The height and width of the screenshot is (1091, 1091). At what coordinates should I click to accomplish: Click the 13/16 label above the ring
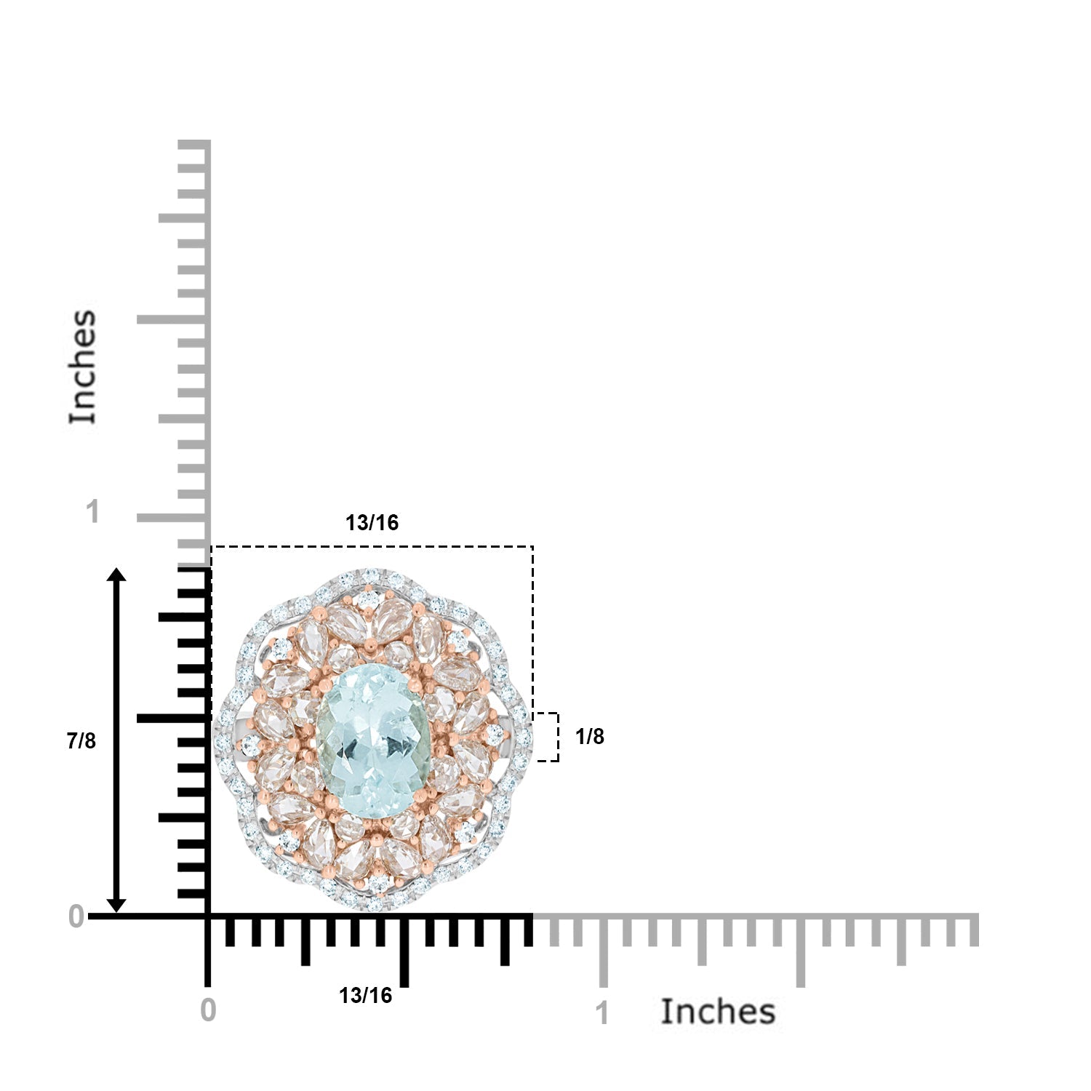click(x=372, y=523)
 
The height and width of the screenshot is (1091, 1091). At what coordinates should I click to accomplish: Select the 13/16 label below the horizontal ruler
click(x=365, y=996)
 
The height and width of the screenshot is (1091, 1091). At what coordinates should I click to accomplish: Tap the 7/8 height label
click(x=81, y=741)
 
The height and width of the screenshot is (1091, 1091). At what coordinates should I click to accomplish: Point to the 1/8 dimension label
click(x=589, y=737)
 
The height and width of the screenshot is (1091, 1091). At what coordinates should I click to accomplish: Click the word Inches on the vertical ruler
click(x=82, y=367)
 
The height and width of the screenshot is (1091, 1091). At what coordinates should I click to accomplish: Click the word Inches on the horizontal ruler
click(x=718, y=1012)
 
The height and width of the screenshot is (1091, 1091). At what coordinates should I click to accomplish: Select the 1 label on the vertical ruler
click(x=92, y=512)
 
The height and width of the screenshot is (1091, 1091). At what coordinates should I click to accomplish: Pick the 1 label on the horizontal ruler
click(x=602, y=1013)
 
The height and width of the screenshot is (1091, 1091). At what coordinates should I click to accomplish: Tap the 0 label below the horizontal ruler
click(x=208, y=1010)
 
